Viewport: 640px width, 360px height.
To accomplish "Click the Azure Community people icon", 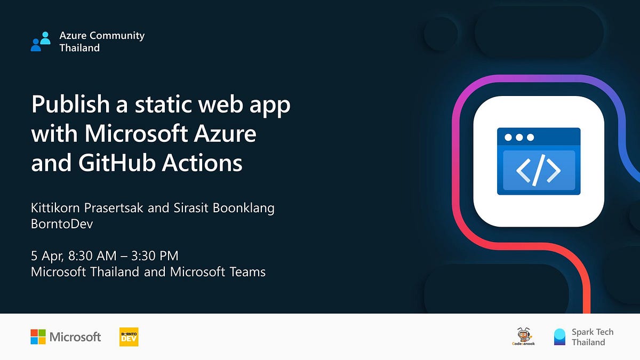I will [x=41, y=42].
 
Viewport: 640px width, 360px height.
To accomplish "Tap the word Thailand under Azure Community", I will [x=79, y=48].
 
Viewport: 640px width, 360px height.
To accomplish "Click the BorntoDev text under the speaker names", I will [x=62, y=224].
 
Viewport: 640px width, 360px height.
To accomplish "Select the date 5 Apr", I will [x=46, y=257].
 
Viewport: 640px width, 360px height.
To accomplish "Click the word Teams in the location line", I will [x=247, y=272].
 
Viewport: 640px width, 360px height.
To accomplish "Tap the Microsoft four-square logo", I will [x=38, y=337].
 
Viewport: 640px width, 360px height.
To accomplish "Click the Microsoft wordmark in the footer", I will [x=75, y=337].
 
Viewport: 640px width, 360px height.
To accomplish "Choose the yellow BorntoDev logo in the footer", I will [x=129, y=337].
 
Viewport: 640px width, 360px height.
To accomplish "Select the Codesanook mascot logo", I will [x=523, y=337].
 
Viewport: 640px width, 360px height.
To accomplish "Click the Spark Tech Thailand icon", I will [x=559, y=337].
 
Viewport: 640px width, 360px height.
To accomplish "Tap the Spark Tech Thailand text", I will [x=592, y=337].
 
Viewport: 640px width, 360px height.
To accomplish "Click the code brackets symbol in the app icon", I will [x=539, y=170].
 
